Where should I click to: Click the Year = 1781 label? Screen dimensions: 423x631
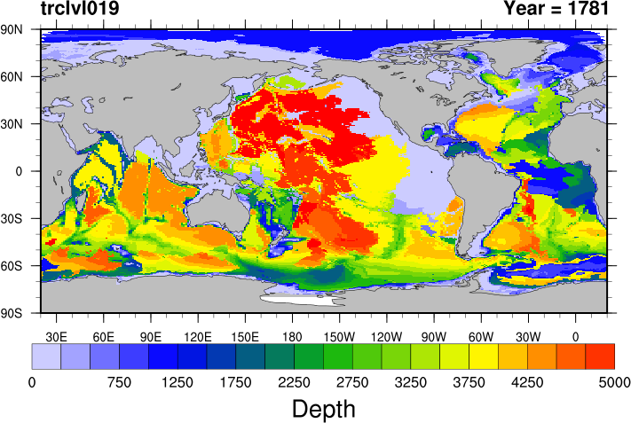556,10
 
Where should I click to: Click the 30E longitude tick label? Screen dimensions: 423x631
57,336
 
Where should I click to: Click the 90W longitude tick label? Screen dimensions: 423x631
433,336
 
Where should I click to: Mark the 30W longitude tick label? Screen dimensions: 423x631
527,336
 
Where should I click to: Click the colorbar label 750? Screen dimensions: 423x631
119,382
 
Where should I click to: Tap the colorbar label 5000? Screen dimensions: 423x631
614,382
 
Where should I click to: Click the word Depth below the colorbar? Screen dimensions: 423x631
324,409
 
